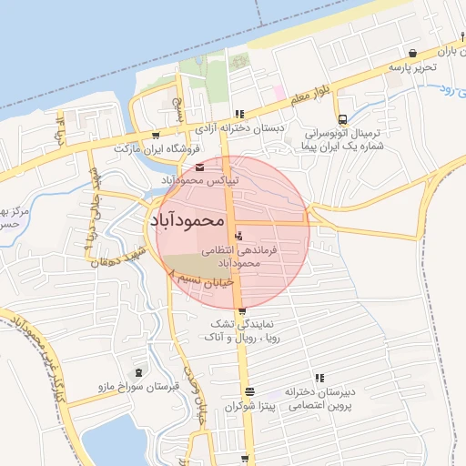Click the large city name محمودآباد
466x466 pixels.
(x=197, y=219)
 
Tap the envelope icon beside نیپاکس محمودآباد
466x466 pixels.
(x=199, y=167)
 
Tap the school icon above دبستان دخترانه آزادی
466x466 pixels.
(x=239, y=115)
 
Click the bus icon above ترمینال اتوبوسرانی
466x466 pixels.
(x=341, y=119)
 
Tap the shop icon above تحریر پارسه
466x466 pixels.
(x=414, y=53)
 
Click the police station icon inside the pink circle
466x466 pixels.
(x=238, y=237)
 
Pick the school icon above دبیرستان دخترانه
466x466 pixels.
(x=319, y=378)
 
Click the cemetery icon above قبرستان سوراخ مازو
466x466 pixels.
(x=138, y=372)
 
